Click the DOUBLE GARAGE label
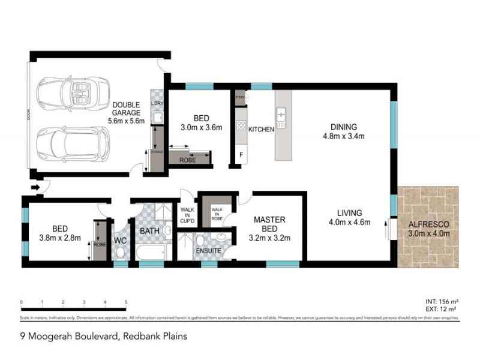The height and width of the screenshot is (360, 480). [x=127, y=108]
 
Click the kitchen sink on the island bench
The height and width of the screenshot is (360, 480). [x=281, y=113]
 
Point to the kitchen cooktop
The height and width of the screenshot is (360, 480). [x=241, y=125]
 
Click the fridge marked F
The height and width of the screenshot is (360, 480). [x=241, y=155]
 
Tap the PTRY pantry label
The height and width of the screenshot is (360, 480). [x=240, y=97]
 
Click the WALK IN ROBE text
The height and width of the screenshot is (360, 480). [x=214, y=213]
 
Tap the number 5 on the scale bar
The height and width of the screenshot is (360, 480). [x=125, y=302]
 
